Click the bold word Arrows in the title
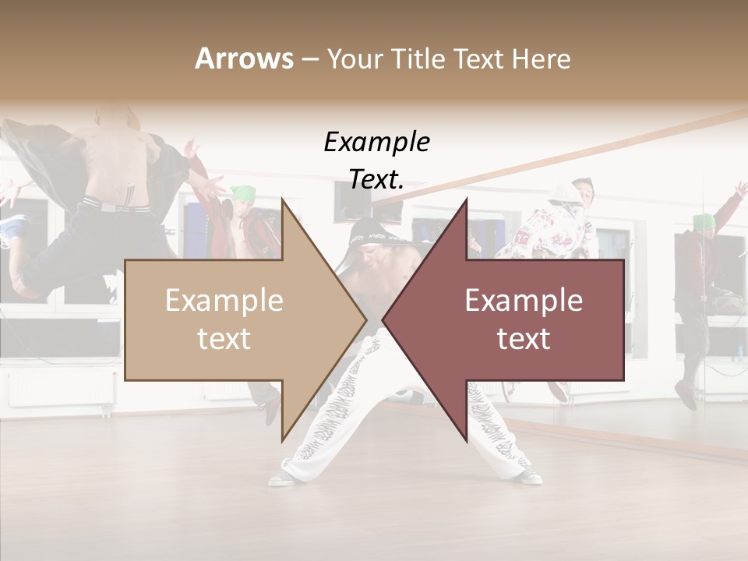244,58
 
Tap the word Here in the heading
540,58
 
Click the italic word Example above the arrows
376,142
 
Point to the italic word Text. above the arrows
376,179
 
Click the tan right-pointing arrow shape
234,319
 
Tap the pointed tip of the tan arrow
364,319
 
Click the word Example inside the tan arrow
224,301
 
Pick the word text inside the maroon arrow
524,338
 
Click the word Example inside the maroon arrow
524,301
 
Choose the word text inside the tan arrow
224,338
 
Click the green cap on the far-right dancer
704,221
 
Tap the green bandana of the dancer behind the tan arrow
244,192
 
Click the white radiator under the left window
58,386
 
